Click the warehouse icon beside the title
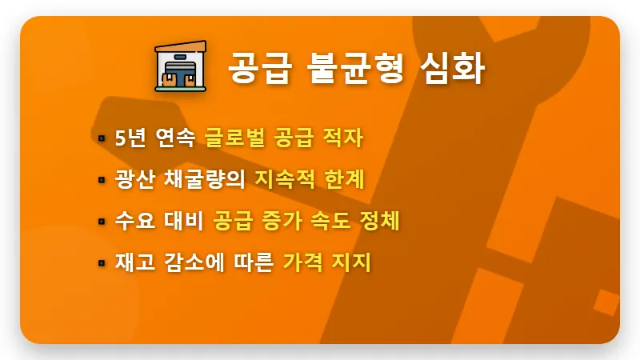point(181,67)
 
